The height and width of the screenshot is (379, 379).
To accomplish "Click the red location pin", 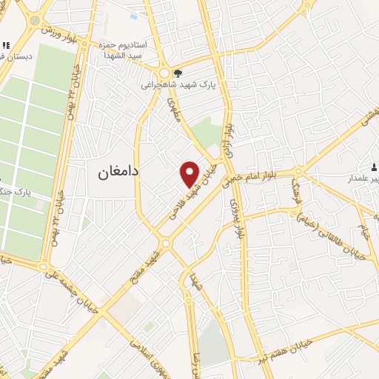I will click(x=190, y=172).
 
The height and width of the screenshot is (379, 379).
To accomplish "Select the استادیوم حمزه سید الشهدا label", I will click(x=125, y=50).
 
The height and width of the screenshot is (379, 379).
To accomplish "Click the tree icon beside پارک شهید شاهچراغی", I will click(x=178, y=73).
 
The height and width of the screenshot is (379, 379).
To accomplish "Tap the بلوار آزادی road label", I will click(x=229, y=140).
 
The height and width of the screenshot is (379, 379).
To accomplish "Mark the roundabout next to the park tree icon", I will click(x=164, y=73).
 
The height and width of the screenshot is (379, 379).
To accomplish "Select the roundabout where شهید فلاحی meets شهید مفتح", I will click(x=165, y=243).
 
